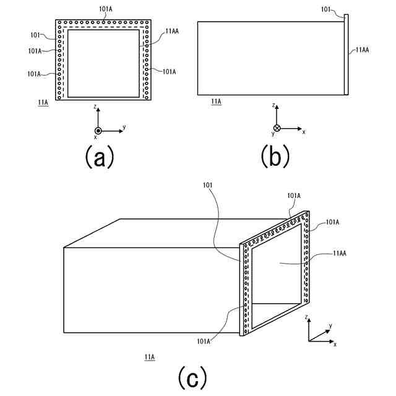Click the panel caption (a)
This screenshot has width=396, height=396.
pos(99,157)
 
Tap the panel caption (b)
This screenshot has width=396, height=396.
pos(275,157)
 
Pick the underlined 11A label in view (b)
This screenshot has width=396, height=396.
pos(216,101)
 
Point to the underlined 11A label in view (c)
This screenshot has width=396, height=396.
pos(149,357)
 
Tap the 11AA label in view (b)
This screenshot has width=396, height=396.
pos(362,50)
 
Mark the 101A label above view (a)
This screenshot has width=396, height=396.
pos(106,10)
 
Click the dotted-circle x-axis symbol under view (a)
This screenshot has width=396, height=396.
pos(97,131)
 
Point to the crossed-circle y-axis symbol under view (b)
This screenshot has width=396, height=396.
pos(277,128)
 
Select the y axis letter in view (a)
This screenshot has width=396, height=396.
pos(124,127)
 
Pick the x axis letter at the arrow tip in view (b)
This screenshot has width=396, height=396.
pos(304,132)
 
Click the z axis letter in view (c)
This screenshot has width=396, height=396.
pos(308,317)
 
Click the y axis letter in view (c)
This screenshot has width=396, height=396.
pos(330,325)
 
